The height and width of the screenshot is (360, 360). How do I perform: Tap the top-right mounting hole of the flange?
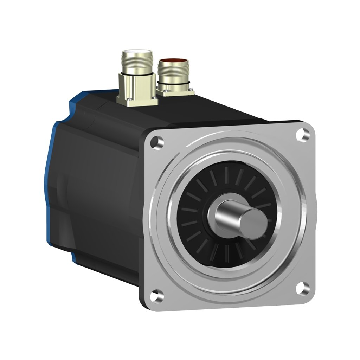click(301, 134)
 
